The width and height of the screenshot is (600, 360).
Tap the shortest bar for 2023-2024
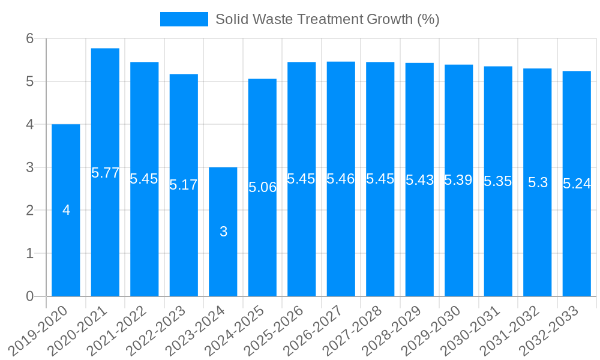point(223,264)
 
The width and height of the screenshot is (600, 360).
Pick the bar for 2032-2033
point(577,240)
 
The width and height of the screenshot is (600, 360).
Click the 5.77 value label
point(105,173)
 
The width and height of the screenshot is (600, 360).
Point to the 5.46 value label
point(340,178)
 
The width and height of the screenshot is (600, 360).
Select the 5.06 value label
point(262,187)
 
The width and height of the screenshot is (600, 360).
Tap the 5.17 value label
point(183,185)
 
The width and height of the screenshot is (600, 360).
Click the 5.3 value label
point(538,182)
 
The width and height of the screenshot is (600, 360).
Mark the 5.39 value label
point(458,180)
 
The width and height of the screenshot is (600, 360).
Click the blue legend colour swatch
point(184,19)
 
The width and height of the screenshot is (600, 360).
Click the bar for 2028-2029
point(419,240)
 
